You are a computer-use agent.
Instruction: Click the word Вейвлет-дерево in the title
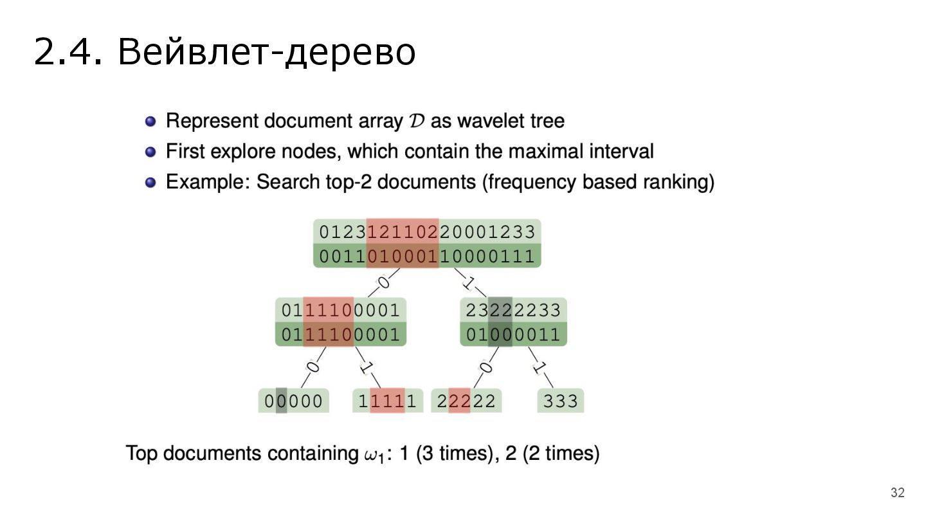(x=266, y=52)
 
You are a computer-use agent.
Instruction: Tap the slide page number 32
(x=897, y=493)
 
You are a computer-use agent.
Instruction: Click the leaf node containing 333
(x=561, y=401)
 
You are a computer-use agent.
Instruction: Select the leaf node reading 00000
(x=293, y=401)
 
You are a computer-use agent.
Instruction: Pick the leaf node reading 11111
(x=388, y=401)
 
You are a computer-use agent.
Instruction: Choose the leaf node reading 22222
(x=466, y=401)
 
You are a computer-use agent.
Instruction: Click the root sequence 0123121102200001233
(x=427, y=232)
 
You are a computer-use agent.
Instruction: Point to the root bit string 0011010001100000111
(x=427, y=257)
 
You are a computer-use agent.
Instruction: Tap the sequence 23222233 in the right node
(x=513, y=311)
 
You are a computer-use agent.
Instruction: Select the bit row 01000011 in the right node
(x=513, y=335)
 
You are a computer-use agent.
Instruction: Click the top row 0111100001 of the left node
(x=341, y=311)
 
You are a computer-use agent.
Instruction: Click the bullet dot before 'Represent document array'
(x=150, y=121)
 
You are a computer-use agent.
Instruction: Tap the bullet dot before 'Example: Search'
(x=150, y=182)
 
